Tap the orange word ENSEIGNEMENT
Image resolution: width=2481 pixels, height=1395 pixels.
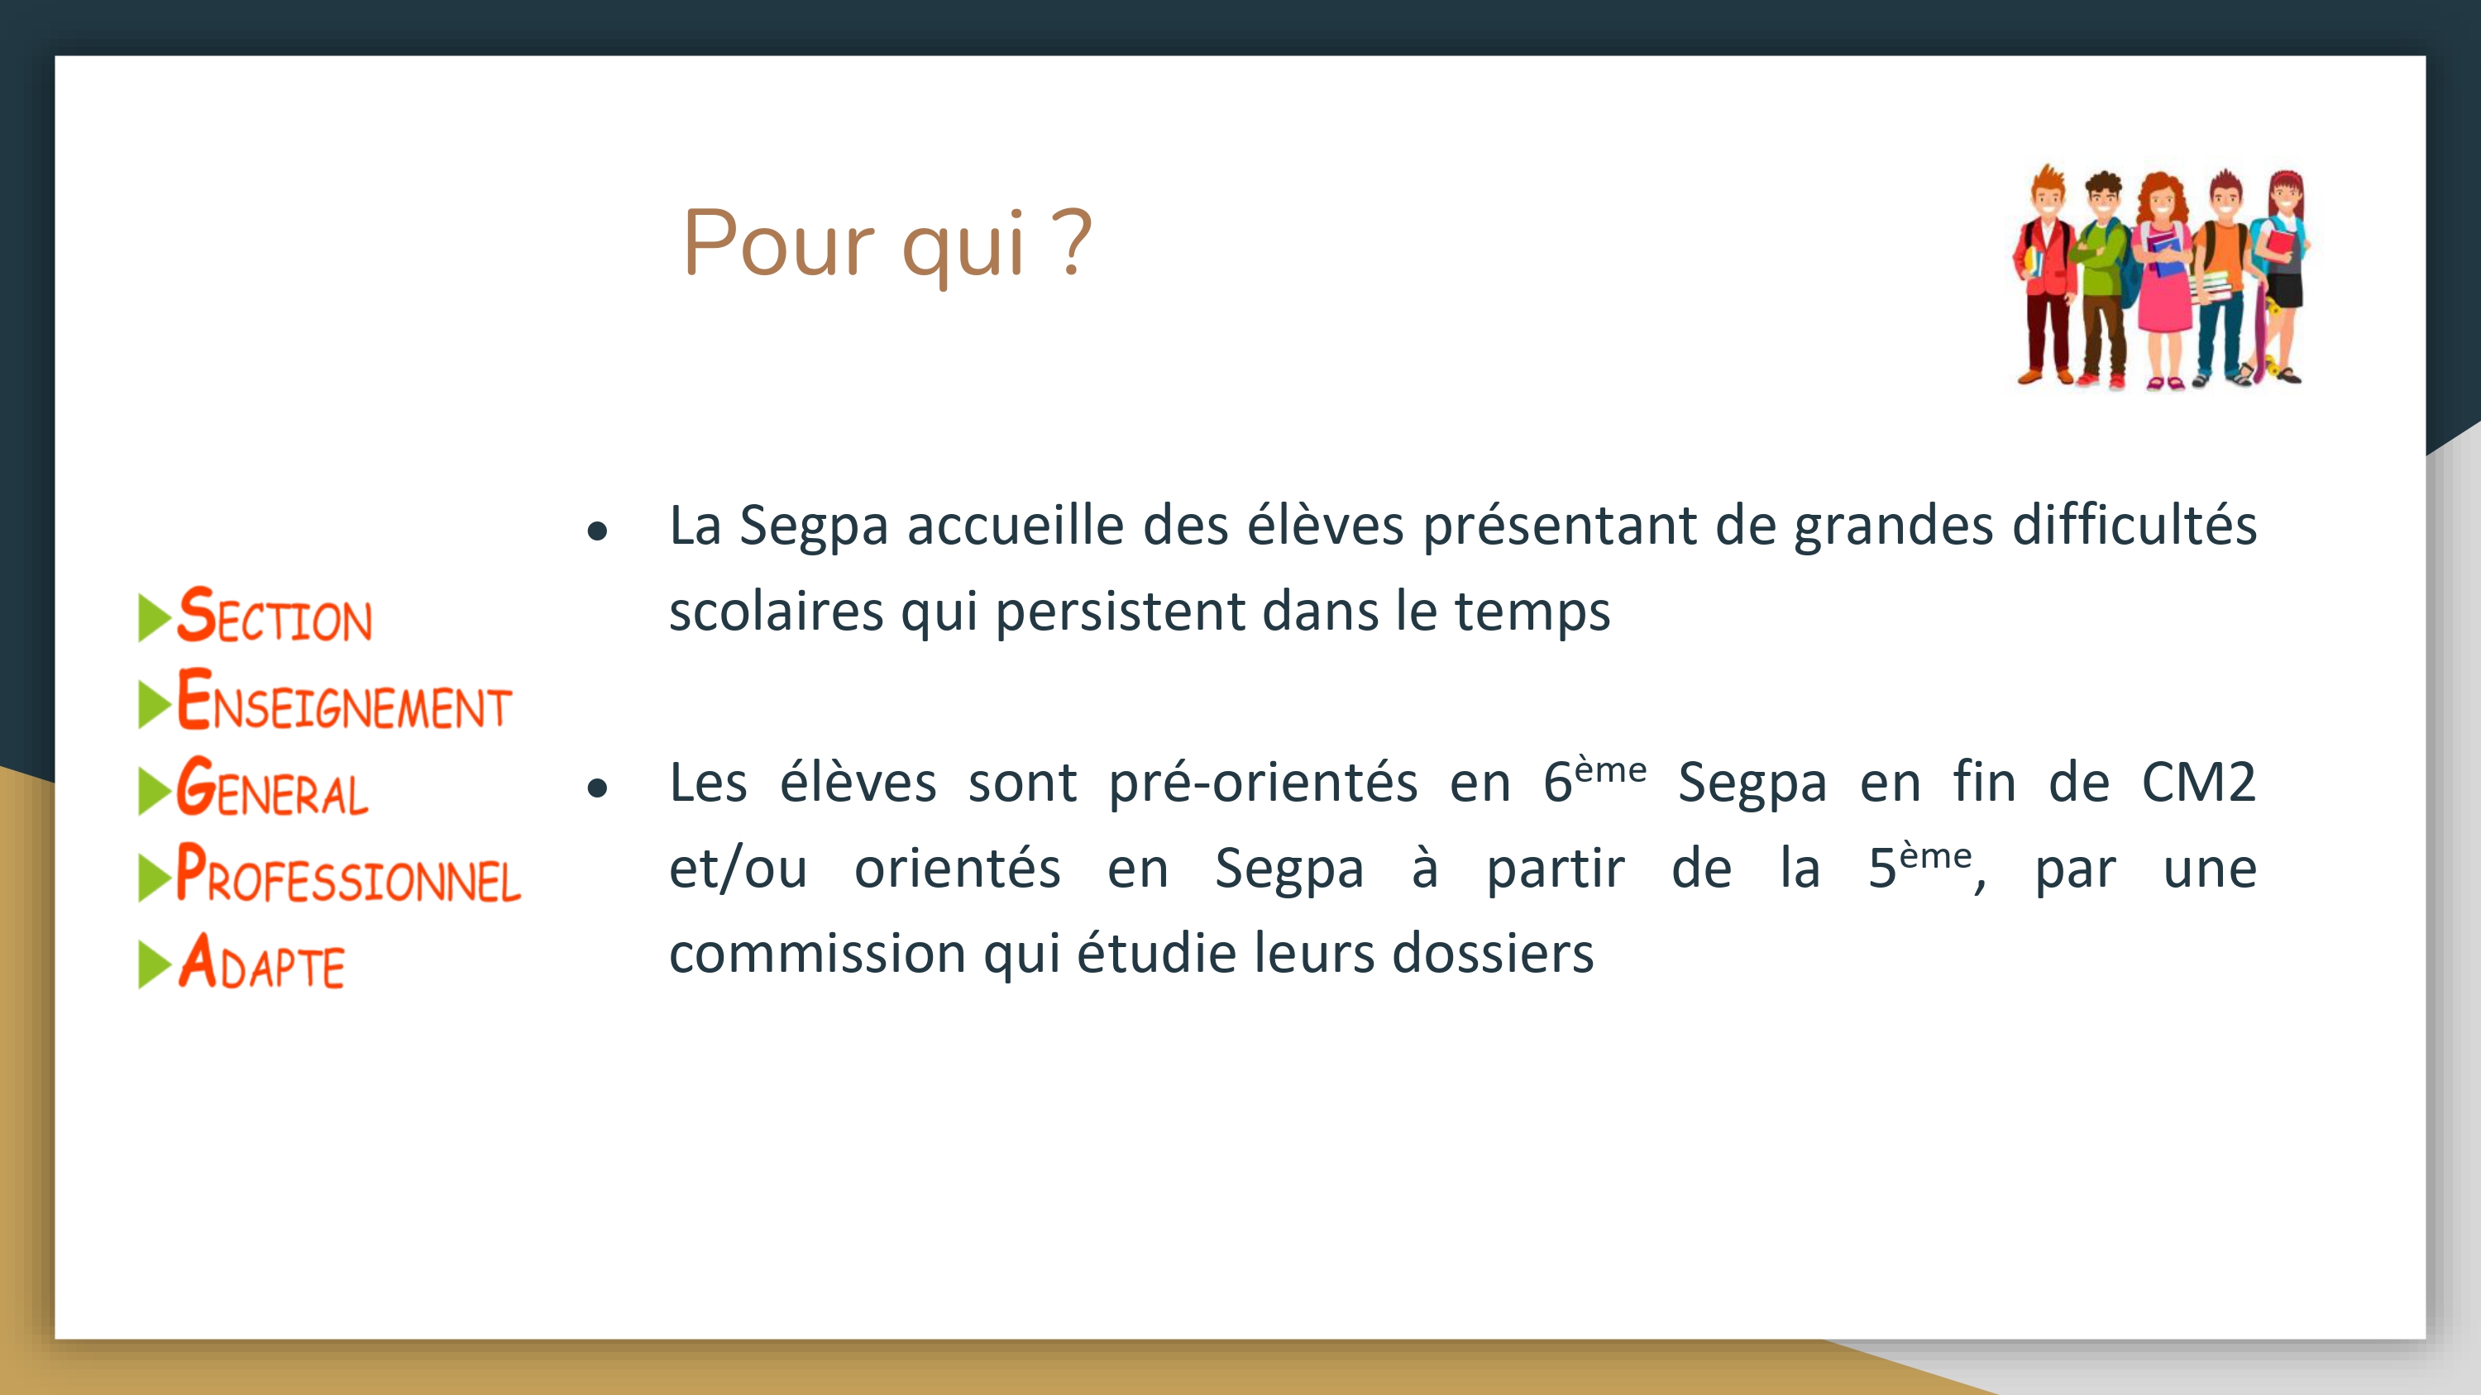(344, 700)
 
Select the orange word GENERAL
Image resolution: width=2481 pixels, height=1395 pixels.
(273, 787)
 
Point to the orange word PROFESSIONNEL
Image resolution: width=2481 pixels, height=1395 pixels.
(349, 874)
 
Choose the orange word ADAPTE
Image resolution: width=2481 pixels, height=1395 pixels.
(261, 961)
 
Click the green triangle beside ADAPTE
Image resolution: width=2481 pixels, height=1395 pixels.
(154, 964)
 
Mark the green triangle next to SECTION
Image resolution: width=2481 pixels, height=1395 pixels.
(154, 617)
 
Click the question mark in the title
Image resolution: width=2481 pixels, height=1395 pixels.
(1072, 243)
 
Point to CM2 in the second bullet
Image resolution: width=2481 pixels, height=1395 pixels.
(2198, 782)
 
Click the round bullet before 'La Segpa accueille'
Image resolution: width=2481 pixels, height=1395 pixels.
(597, 531)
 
